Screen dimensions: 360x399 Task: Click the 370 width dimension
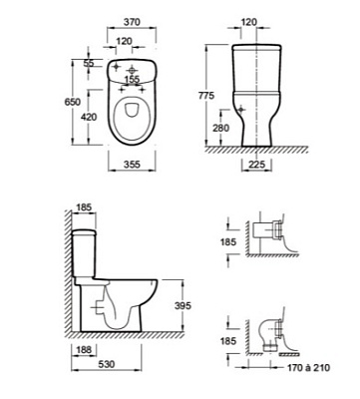coord(132,22)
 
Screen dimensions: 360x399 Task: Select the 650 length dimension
coord(72,102)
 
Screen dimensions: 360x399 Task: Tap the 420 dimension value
coord(88,117)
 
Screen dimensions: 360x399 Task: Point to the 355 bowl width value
coord(132,165)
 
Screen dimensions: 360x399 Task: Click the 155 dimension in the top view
coord(132,80)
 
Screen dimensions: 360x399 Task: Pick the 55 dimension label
coord(89,63)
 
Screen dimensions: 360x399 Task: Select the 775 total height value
coord(206,96)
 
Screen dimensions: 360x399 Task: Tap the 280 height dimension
coord(220,128)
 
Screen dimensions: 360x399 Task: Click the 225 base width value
coord(256,165)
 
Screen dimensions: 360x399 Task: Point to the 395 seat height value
coord(182,305)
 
